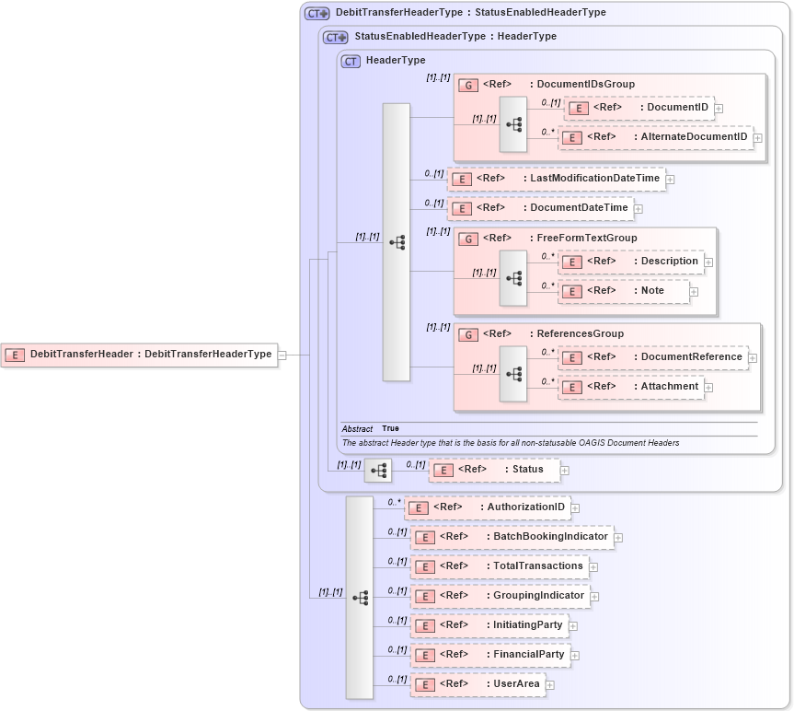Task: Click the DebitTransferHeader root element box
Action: [x=139, y=354]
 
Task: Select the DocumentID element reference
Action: [x=639, y=108]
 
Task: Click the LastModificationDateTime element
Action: [x=556, y=178]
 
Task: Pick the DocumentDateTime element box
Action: [x=540, y=207]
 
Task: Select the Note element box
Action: [x=624, y=291]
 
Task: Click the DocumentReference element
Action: [x=652, y=357]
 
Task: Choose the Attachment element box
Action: [x=631, y=387]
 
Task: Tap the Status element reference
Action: [x=494, y=470]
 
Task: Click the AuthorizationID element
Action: [x=487, y=507]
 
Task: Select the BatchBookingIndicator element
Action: [x=512, y=537]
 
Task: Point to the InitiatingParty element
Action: [x=489, y=625]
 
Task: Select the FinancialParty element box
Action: [x=489, y=655]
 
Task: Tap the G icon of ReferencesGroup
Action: [x=468, y=334]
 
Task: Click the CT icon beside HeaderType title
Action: [x=351, y=61]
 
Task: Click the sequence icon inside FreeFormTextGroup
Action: [x=513, y=277]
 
